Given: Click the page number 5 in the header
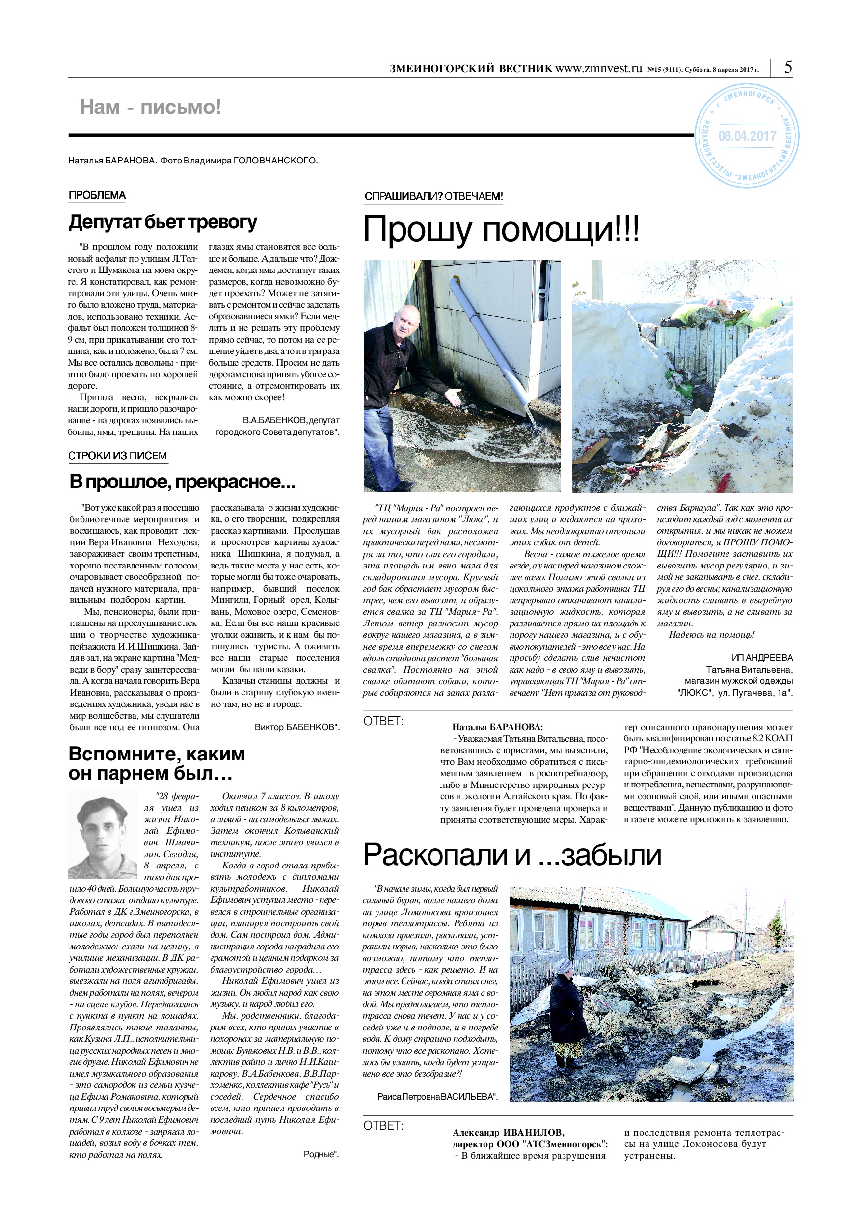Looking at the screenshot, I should [x=788, y=67].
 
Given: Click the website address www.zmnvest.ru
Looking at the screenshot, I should [x=598, y=68].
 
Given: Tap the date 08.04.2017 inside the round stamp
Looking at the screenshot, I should [x=747, y=136].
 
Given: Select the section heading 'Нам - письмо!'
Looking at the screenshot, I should [x=150, y=107].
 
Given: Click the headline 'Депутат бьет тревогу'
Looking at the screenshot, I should [x=163, y=222].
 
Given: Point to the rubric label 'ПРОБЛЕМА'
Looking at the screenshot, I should [x=97, y=195].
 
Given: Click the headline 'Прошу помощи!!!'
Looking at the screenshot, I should [x=501, y=229].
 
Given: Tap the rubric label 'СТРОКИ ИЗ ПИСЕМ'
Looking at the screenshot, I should [x=117, y=455].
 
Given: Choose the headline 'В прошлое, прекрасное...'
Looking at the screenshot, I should [x=182, y=482].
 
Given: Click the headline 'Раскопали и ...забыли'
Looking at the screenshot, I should [x=512, y=855].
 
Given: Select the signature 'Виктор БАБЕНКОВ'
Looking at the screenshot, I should [x=296, y=727].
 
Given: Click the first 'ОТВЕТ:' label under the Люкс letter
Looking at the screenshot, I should [x=383, y=722].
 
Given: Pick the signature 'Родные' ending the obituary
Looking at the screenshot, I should [x=321, y=1154].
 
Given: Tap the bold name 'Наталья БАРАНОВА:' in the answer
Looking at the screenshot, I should [x=497, y=727].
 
